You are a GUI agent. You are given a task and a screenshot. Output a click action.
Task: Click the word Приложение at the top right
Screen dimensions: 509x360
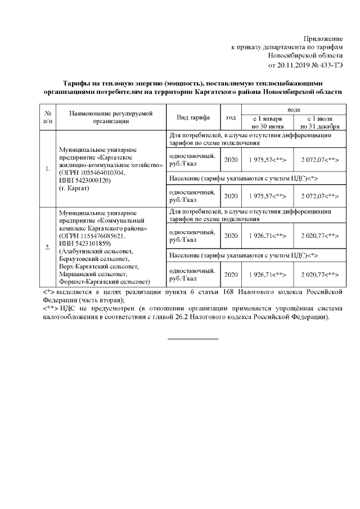click(x=323, y=37)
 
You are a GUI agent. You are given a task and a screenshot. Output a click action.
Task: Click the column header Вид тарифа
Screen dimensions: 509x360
click(x=193, y=118)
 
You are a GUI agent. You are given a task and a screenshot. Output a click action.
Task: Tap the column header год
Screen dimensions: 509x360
click(x=231, y=118)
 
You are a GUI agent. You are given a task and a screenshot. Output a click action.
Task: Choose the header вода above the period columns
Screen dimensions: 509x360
click(x=292, y=109)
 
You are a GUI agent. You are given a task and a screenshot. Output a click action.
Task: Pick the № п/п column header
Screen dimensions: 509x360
click(x=48, y=118)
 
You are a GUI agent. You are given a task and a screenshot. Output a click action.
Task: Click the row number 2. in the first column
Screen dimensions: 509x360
click(x=48, y=246)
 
